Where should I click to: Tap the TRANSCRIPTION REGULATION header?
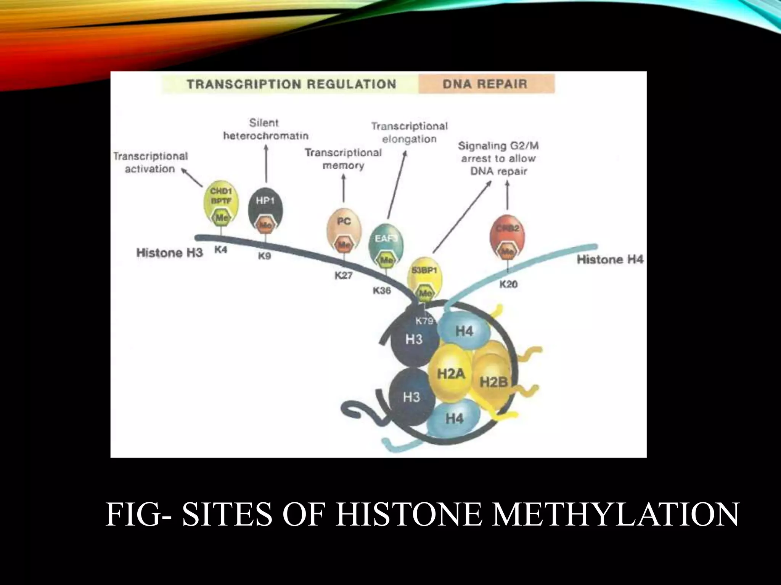coord(291,84)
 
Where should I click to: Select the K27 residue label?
coord(344,275)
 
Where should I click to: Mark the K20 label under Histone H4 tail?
coord(508,284)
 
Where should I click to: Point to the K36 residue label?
coord(382,291)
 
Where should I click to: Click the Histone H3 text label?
coord(170,253)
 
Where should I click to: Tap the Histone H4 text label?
coord(610,260)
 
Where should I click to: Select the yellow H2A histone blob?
coord(451,374)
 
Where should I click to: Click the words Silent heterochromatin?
coord(265,129)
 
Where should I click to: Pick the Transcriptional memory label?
coord(343,159)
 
